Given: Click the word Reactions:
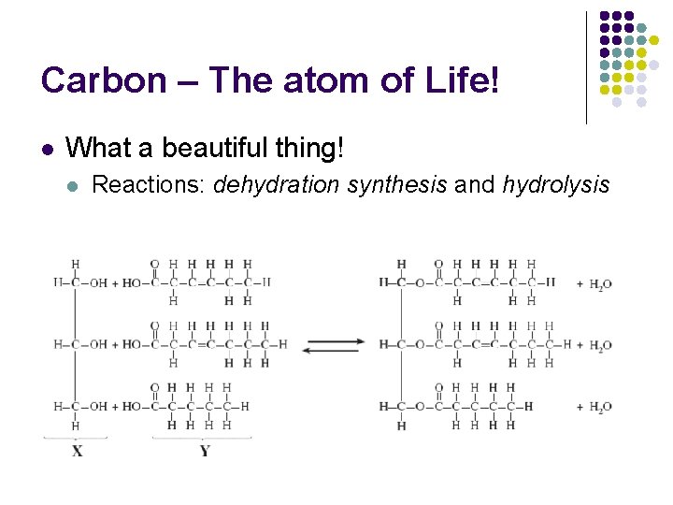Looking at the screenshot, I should point(150,185).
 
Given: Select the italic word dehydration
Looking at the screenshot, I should point(277,185).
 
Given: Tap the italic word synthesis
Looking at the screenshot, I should point(397,185).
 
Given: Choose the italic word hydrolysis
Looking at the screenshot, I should point(555,185).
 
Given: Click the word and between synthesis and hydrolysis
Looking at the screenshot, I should point(474,185).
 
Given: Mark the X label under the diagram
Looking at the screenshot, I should point(78,451).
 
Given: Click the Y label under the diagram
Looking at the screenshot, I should point(205,451).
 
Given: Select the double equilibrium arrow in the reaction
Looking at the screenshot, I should point(334,344).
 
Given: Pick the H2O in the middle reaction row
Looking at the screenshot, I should point(600,346).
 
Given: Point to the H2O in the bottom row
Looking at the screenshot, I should point(600,407).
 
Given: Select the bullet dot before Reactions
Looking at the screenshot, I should point(74,186).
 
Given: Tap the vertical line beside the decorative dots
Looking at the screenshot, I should point(587,67).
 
